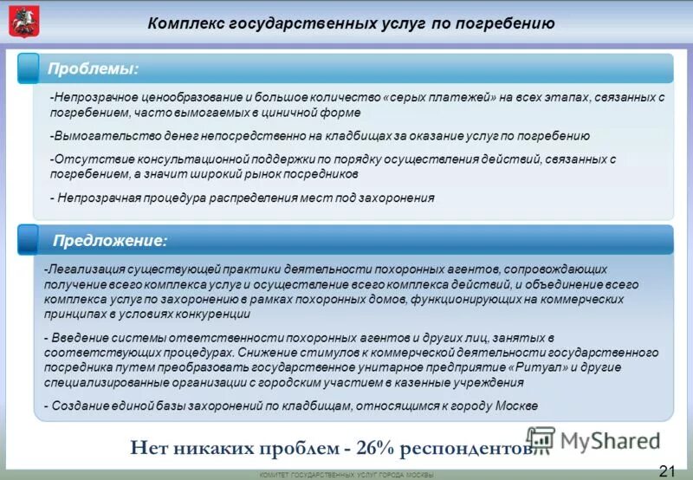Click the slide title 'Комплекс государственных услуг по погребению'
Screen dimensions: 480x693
click(x=351, y=23)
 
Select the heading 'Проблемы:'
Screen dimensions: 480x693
click(x=94, y=68)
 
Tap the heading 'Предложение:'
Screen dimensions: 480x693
click(x=111, y=240)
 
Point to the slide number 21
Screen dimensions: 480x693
click(x=668, y=470)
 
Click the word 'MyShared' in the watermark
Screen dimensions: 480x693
click(x=610, y=440)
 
